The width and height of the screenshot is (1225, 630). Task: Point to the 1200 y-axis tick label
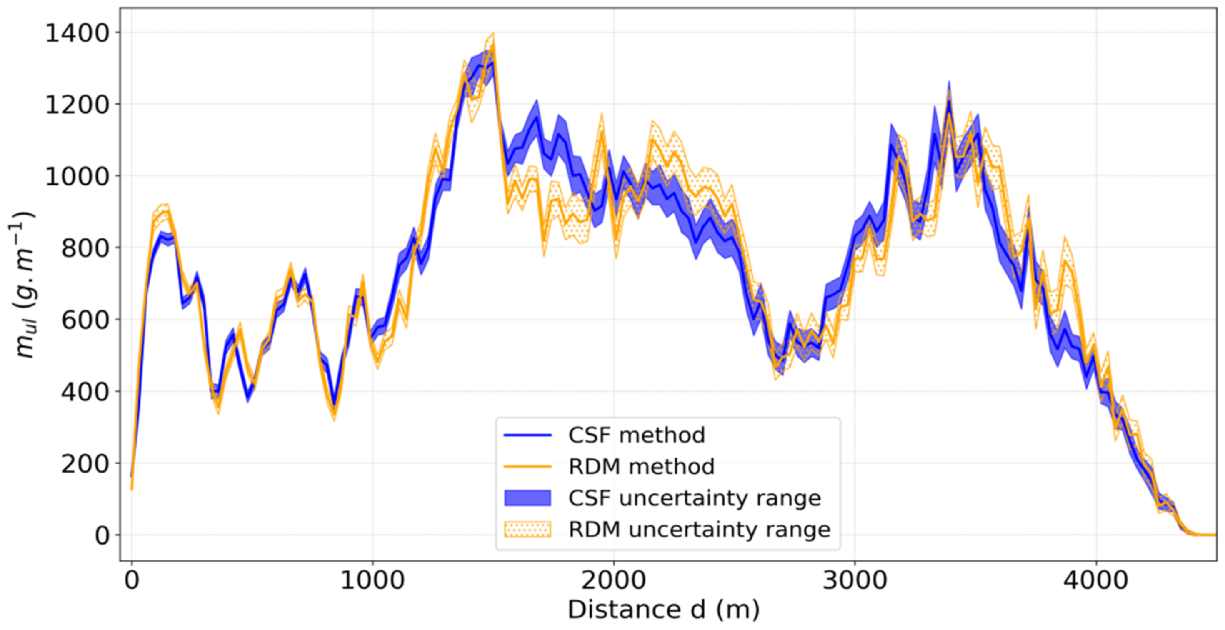(x=77, y=105)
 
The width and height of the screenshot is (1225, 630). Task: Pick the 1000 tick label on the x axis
(x=372, y=580)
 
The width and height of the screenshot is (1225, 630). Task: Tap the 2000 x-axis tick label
(x=613, y=580)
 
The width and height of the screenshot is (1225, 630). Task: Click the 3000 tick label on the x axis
(x=855, y=580)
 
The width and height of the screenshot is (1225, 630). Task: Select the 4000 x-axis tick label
(x=1096, y=580)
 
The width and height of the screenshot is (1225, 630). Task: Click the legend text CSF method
(x=636, y=435)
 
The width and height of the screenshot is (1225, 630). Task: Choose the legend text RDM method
(x=641, y=466)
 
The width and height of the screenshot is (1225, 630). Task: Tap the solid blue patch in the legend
(x=527, y=498)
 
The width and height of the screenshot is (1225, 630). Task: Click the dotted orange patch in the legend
(x=527, y=529)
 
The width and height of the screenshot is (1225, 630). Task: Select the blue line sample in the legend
(x=527, y=435)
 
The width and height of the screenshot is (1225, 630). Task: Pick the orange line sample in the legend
(x=527, y=466)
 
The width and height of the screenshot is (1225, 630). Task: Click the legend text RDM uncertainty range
(x=699, y=529)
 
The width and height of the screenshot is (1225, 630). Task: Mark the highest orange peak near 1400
(x=492, y=34)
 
